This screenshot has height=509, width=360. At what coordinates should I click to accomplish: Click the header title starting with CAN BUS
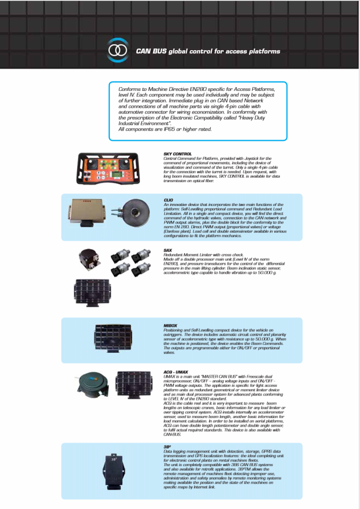[x=208, y=51]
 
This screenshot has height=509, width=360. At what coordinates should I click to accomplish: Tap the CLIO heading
[x=168, y=200]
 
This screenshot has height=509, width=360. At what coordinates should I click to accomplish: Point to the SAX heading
[x=167, y=250]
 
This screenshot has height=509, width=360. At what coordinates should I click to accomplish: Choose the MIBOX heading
[x=170, y=325]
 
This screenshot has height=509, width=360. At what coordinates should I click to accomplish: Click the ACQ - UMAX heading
[x=176, y=372]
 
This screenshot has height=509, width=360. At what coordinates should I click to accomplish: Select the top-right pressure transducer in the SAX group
[x=141, y=255]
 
